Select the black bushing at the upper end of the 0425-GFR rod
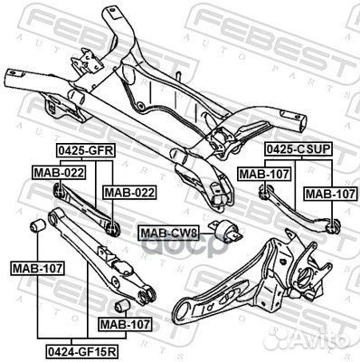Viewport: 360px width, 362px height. click(58, 189)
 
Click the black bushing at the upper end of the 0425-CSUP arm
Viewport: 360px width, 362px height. click(264, 189)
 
